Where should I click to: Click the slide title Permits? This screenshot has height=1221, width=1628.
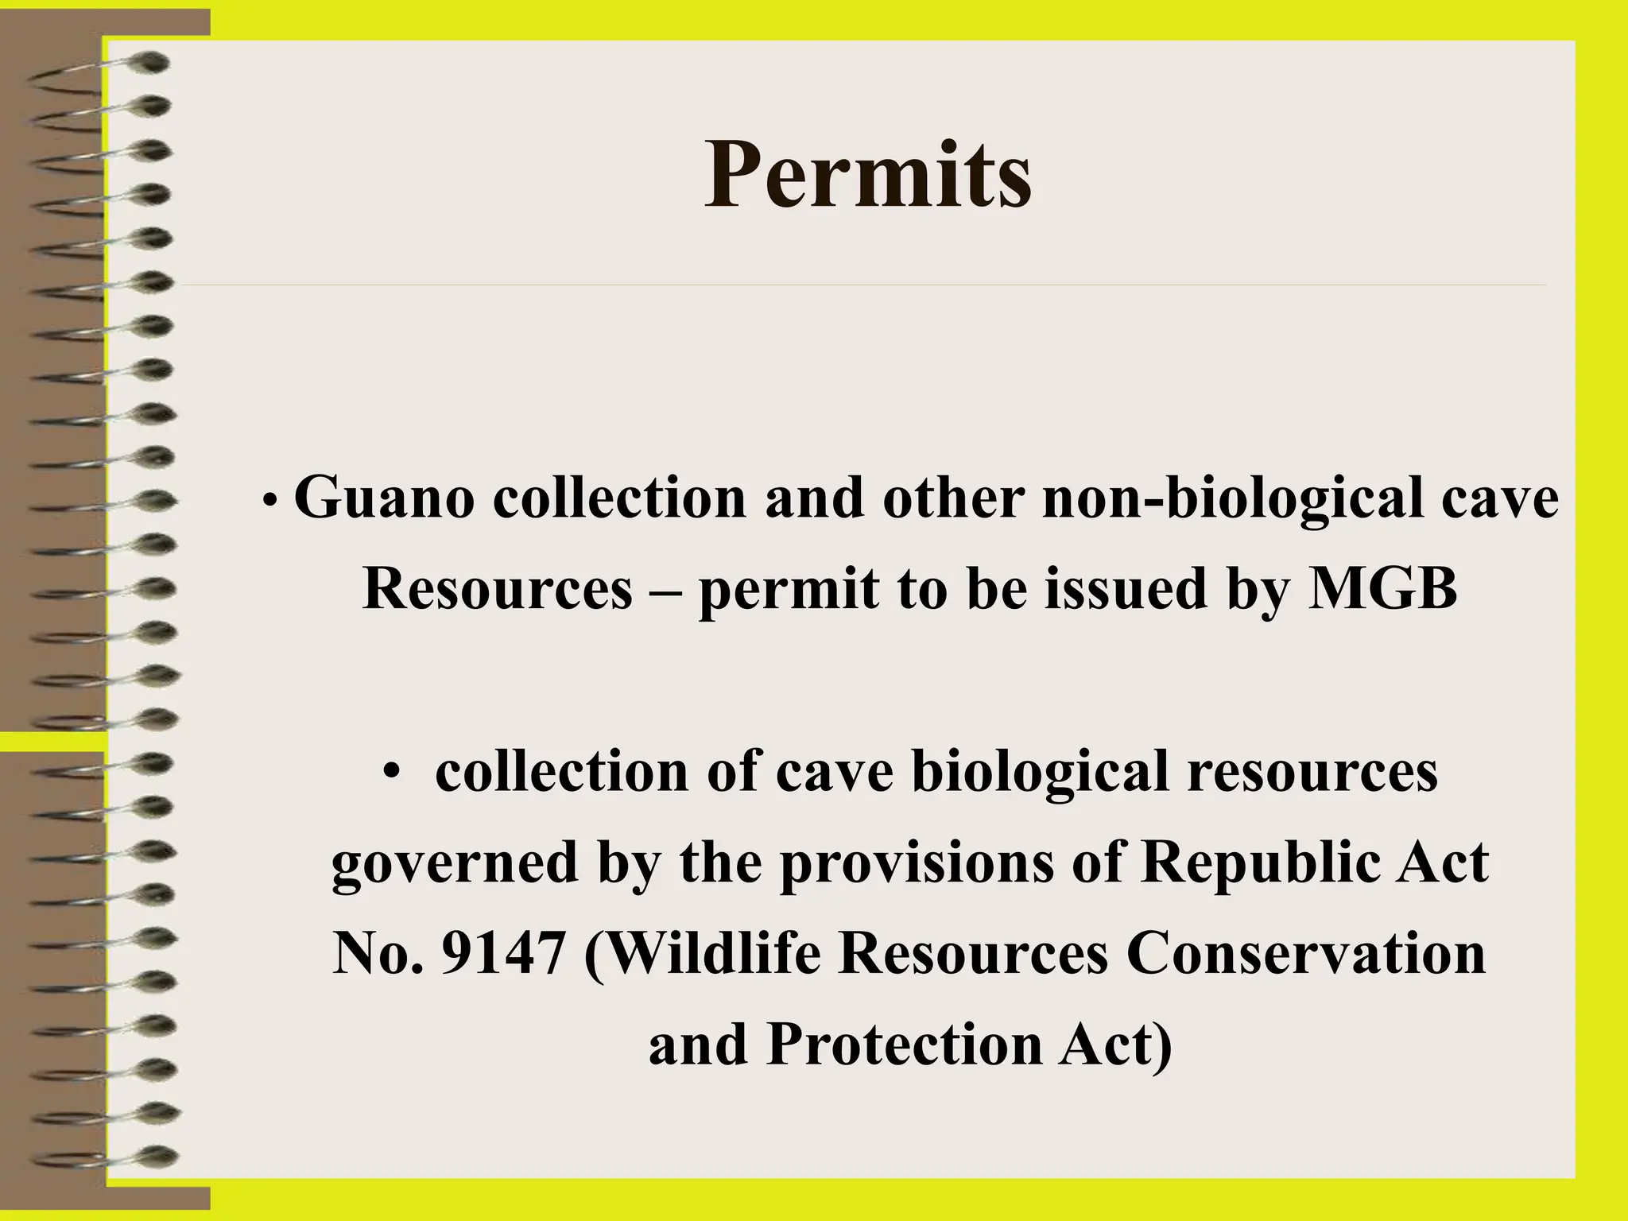coord(868,174)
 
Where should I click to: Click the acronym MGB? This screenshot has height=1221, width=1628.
coord(1382,590)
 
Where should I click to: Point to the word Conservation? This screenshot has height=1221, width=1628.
coord(1305,954)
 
